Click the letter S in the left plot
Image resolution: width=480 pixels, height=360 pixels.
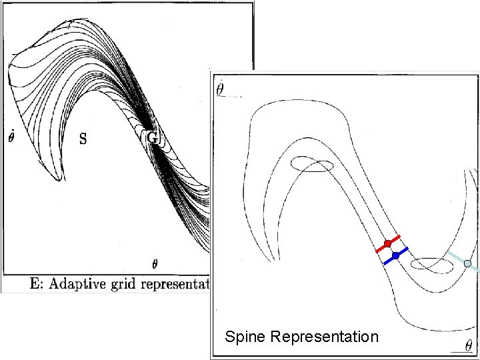[83, 139]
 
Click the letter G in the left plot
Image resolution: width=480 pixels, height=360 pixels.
[152, 137]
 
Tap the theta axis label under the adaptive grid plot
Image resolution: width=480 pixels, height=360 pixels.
[155, 263]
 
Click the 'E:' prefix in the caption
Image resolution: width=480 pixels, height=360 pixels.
[38, 284]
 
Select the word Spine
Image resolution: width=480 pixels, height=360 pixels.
[245, 337]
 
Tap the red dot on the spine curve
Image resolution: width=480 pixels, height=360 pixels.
[387, 244]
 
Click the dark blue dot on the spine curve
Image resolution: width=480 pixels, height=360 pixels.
[395, 255]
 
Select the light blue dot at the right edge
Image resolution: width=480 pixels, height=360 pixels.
[468, 264]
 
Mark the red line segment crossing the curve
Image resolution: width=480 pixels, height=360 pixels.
[380, 248]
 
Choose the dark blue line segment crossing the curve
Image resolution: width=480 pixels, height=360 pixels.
[403, 251]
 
